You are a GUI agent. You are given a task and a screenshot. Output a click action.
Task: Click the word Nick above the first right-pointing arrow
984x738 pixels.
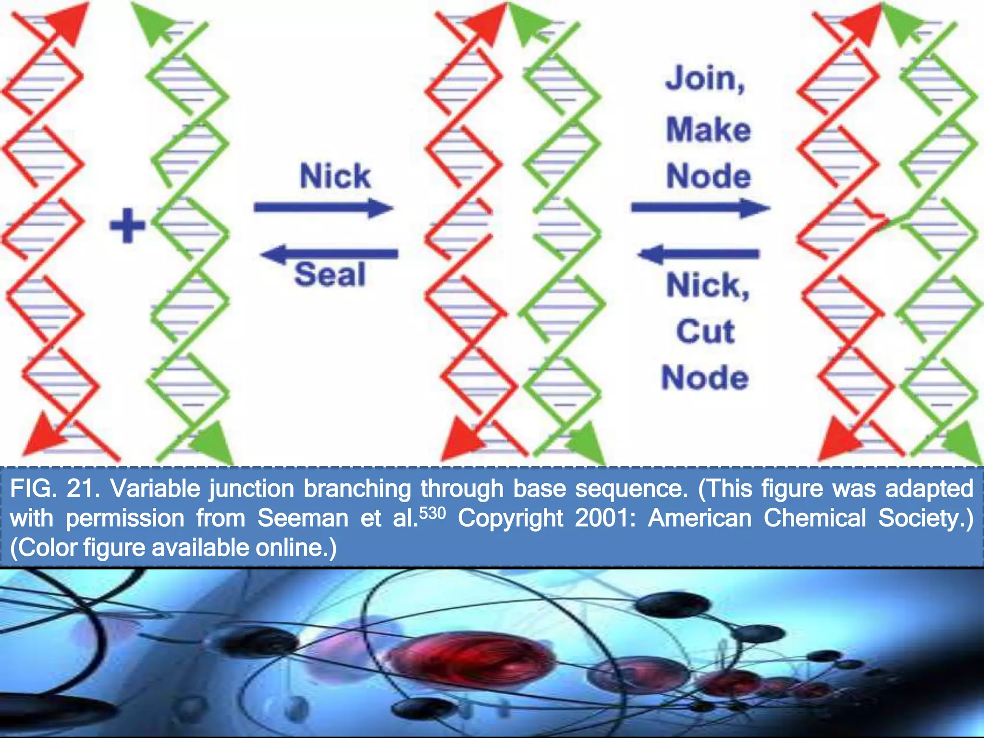click(x=335, y=176)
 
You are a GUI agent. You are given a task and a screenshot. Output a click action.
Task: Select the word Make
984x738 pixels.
click(x=708, y=130)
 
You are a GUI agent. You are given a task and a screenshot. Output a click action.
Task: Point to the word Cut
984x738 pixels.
click(x=705, y=331)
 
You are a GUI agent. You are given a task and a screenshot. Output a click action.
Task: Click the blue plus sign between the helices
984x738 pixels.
click(x=127, y=225)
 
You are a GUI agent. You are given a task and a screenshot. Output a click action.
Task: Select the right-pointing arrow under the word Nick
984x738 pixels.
click(x=323, y=208)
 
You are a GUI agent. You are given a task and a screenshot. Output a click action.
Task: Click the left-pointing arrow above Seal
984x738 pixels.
click(x=330, y=253)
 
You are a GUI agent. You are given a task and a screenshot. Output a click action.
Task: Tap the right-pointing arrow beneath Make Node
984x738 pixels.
click(x=700, y=208)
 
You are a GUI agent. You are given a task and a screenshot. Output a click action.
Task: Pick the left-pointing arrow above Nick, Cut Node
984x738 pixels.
click(x=699, y=253)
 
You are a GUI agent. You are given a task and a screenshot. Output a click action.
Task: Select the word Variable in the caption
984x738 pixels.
click(x=155, y=489)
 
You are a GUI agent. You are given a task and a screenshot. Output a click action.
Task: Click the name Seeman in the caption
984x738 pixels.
click(x=303, y=518)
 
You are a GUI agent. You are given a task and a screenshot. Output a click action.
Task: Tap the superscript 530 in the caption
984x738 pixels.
click(x=432, y=513)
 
